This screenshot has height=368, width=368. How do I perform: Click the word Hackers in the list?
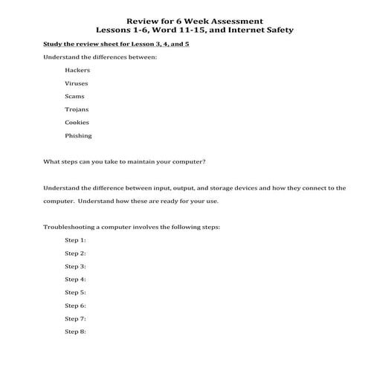(77, 70)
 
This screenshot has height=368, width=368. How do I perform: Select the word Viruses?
(77, 83)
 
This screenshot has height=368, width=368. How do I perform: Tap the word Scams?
(75, 96)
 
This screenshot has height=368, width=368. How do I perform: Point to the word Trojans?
(77, 109)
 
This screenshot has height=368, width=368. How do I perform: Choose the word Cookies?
(77, 122)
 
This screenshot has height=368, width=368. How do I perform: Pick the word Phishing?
(79, 135)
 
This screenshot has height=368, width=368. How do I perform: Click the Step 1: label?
(75, 240)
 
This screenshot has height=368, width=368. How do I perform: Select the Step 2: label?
(75, 254)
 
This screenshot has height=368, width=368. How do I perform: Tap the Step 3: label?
(75, 266)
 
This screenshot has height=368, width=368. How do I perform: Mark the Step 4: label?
(75, 280)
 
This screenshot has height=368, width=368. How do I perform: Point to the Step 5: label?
(75, 292)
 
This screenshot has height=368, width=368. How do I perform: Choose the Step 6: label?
(75, 306)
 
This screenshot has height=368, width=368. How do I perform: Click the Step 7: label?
(75, 318)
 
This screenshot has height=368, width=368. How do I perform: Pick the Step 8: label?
(75, 331)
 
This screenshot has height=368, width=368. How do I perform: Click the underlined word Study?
(54, 44)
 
